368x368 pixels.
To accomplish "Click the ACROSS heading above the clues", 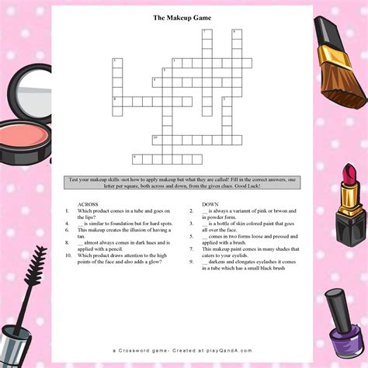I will pos(88,204).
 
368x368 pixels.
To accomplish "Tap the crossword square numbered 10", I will pos(156,138).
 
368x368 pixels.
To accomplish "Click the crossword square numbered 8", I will pos(116,100).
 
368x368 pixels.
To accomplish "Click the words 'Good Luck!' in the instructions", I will pos(266,186).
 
